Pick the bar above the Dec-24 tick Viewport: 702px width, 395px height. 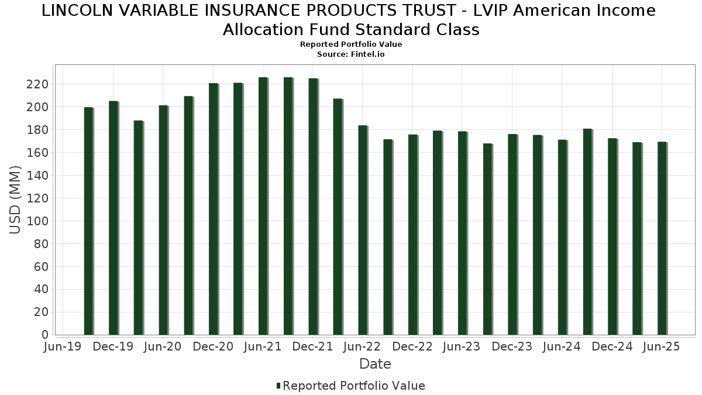612,236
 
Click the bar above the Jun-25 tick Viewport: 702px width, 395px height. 662,238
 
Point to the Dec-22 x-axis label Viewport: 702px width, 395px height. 412,346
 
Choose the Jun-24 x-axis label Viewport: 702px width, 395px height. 562,346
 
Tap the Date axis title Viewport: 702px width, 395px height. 375,364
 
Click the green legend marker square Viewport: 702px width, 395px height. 278,386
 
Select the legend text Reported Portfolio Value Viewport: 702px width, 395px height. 354,386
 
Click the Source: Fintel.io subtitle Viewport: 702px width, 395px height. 351,54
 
